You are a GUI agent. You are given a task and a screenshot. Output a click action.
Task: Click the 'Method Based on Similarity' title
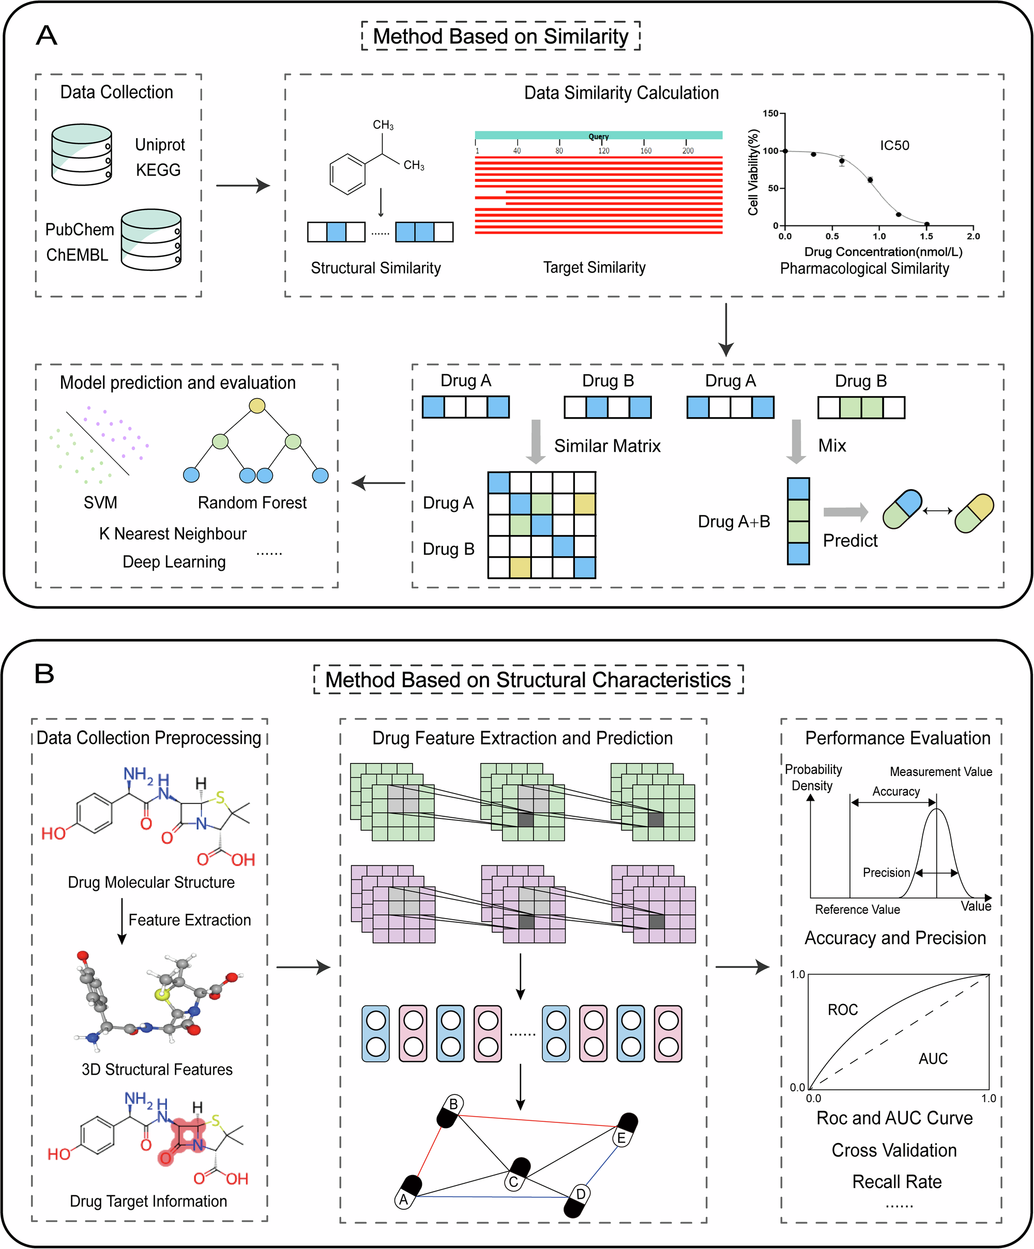(500, 36)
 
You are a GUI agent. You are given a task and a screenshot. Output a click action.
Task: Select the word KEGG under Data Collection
(158, 170)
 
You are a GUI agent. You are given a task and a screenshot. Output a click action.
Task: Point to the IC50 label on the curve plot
(894, 146)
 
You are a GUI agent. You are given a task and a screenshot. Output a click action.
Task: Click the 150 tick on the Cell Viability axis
(770, 114)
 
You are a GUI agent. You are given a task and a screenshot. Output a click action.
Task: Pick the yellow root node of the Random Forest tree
(256, 406)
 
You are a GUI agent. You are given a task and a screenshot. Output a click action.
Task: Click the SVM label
(100, 502)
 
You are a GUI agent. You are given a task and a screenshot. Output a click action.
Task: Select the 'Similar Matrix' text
(607, 446)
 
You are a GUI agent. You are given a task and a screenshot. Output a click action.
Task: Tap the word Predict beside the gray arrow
(849, 541)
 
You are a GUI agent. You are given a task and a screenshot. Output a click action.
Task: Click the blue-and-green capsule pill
(902, 509)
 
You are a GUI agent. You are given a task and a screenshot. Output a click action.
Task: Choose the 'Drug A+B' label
(734, 522)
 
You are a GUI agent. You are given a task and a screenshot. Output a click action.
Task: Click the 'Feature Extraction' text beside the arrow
(189, 920)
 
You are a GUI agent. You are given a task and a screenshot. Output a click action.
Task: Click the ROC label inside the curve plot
(842, 1010)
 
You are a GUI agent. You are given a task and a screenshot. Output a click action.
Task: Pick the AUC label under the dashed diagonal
(932, 1059)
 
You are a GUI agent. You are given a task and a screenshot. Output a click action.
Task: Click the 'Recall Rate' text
(896, 1182)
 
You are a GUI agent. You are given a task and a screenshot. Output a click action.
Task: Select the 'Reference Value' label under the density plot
(857, 910)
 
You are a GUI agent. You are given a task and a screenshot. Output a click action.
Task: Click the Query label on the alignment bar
(599, 136)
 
